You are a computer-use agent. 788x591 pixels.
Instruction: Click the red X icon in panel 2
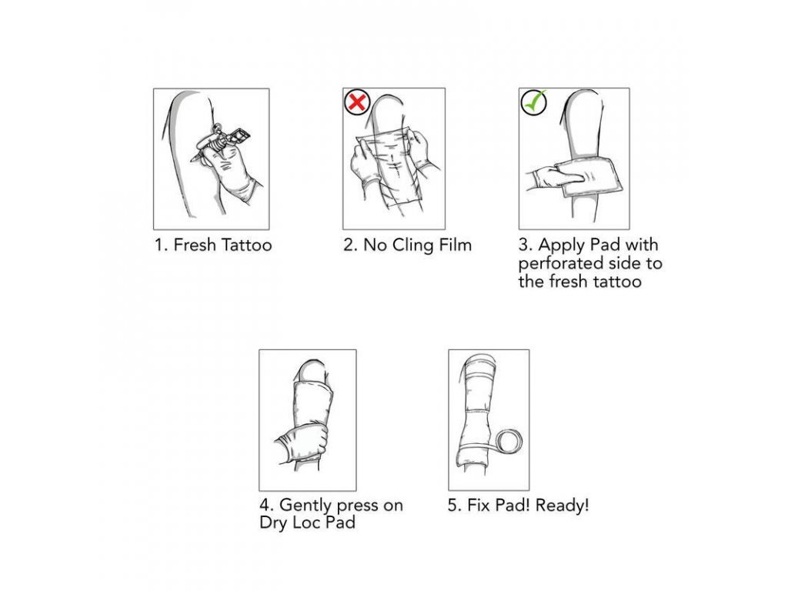357,102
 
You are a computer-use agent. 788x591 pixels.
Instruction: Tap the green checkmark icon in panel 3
534,102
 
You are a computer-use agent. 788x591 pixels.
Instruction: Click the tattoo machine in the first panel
220,142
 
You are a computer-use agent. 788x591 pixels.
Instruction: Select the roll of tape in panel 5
509,442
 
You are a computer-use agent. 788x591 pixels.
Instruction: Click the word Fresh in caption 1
194,245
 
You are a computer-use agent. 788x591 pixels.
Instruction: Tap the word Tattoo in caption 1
246,245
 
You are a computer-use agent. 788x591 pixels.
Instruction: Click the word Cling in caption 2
412,245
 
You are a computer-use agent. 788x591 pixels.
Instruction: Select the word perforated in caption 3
559,264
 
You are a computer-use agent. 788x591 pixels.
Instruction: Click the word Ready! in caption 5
562,505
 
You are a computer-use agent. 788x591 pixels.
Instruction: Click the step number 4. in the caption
266,505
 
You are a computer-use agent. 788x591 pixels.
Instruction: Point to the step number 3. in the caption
526,245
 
